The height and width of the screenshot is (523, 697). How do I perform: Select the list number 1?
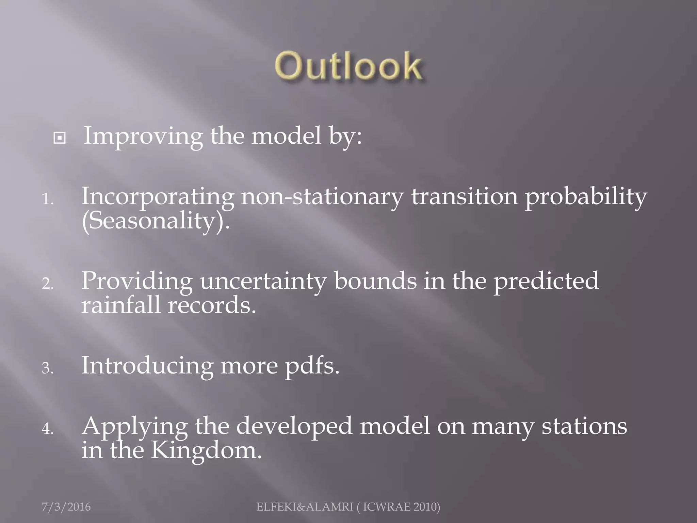pyautogui.click(x=47, y=199)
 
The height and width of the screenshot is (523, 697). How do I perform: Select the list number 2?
pyautogui.click(x=47, y=284)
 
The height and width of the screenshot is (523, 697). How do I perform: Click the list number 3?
pyautogui.click(x=47, y=368)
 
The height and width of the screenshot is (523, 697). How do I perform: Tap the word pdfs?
pyautogui.click(x=312, y=366)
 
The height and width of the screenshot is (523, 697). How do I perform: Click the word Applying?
pyautogui.click(x=134, y=427)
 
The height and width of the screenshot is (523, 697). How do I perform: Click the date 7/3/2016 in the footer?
pyautogui.click(x=66, y=507)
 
